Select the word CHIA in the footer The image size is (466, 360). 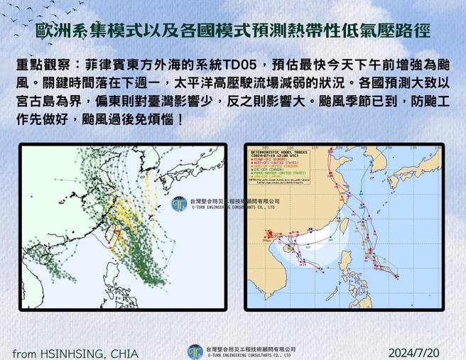(124, 353)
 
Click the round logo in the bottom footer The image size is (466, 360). (195, 351)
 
